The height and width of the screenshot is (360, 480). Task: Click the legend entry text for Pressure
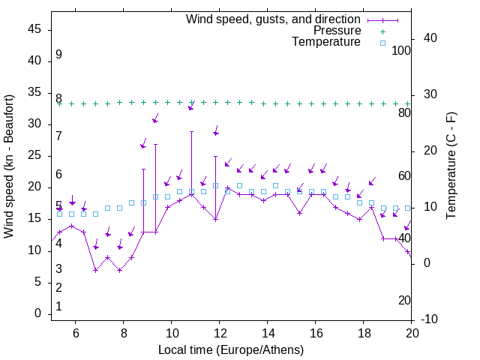click(x=337, y=31)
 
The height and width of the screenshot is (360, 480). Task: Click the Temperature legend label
click(x=326, y=42)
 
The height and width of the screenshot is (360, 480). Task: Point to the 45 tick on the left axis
click(x=34, y=29)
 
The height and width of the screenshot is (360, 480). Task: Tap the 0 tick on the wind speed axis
click(x=38, y=313)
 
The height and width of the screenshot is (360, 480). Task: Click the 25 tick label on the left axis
click(x=34, y=155)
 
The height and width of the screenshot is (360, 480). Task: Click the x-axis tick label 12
click(x=219, y=333)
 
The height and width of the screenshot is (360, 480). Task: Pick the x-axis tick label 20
click(x=412, y=333)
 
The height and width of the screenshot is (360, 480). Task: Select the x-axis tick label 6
click(x=75, y=333)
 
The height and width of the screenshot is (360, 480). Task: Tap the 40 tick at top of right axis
click(x=431, y=37)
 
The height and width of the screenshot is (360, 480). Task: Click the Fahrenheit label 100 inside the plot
click(x=401, y=50)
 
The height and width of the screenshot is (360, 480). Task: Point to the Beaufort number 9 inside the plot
click(x=58, y=55)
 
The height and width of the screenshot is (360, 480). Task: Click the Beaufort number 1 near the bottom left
click(x=58, y=306)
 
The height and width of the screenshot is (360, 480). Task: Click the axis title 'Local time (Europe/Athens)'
click(x=231, y=349)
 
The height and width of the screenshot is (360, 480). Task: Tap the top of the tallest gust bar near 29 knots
click(x=192, y=131)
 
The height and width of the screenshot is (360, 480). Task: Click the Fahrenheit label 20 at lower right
click(x=404, y=300)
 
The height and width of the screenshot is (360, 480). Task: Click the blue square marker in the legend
click(x=382, y=43)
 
